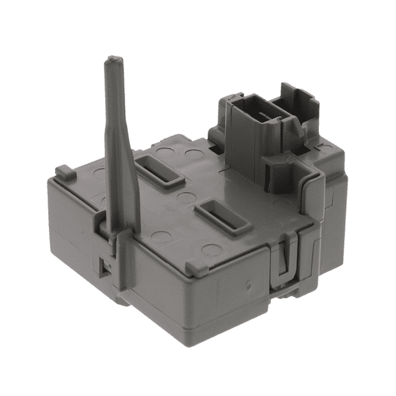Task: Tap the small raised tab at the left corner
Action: pyautogui.click(x=63, y=170)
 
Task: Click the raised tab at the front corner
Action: pyautogui.click(x=194, y=265)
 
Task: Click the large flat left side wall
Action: pyautogui.click(x=76, y=220)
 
